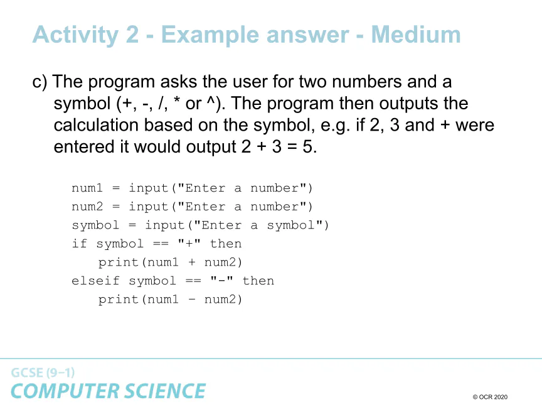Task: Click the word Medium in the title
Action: [416, 35]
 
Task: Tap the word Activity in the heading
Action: [76, 36]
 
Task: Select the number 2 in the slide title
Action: [132, 35]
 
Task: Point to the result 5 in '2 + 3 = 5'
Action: [307, 147]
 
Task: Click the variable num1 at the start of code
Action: [87, 188]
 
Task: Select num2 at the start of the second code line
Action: [87, 207]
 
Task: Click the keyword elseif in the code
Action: [95, 280]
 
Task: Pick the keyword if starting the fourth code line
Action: [79, 243]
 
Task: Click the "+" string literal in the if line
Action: [189, 243]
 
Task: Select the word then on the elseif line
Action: [258, 280]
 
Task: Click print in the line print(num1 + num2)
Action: [118, 263]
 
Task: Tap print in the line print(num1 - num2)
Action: [118, 300]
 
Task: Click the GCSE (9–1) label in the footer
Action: [43, 372]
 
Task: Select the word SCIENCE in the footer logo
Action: [165, 391]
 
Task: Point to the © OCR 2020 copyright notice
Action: [490, 397]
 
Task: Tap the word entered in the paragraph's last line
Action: [84, 147]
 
